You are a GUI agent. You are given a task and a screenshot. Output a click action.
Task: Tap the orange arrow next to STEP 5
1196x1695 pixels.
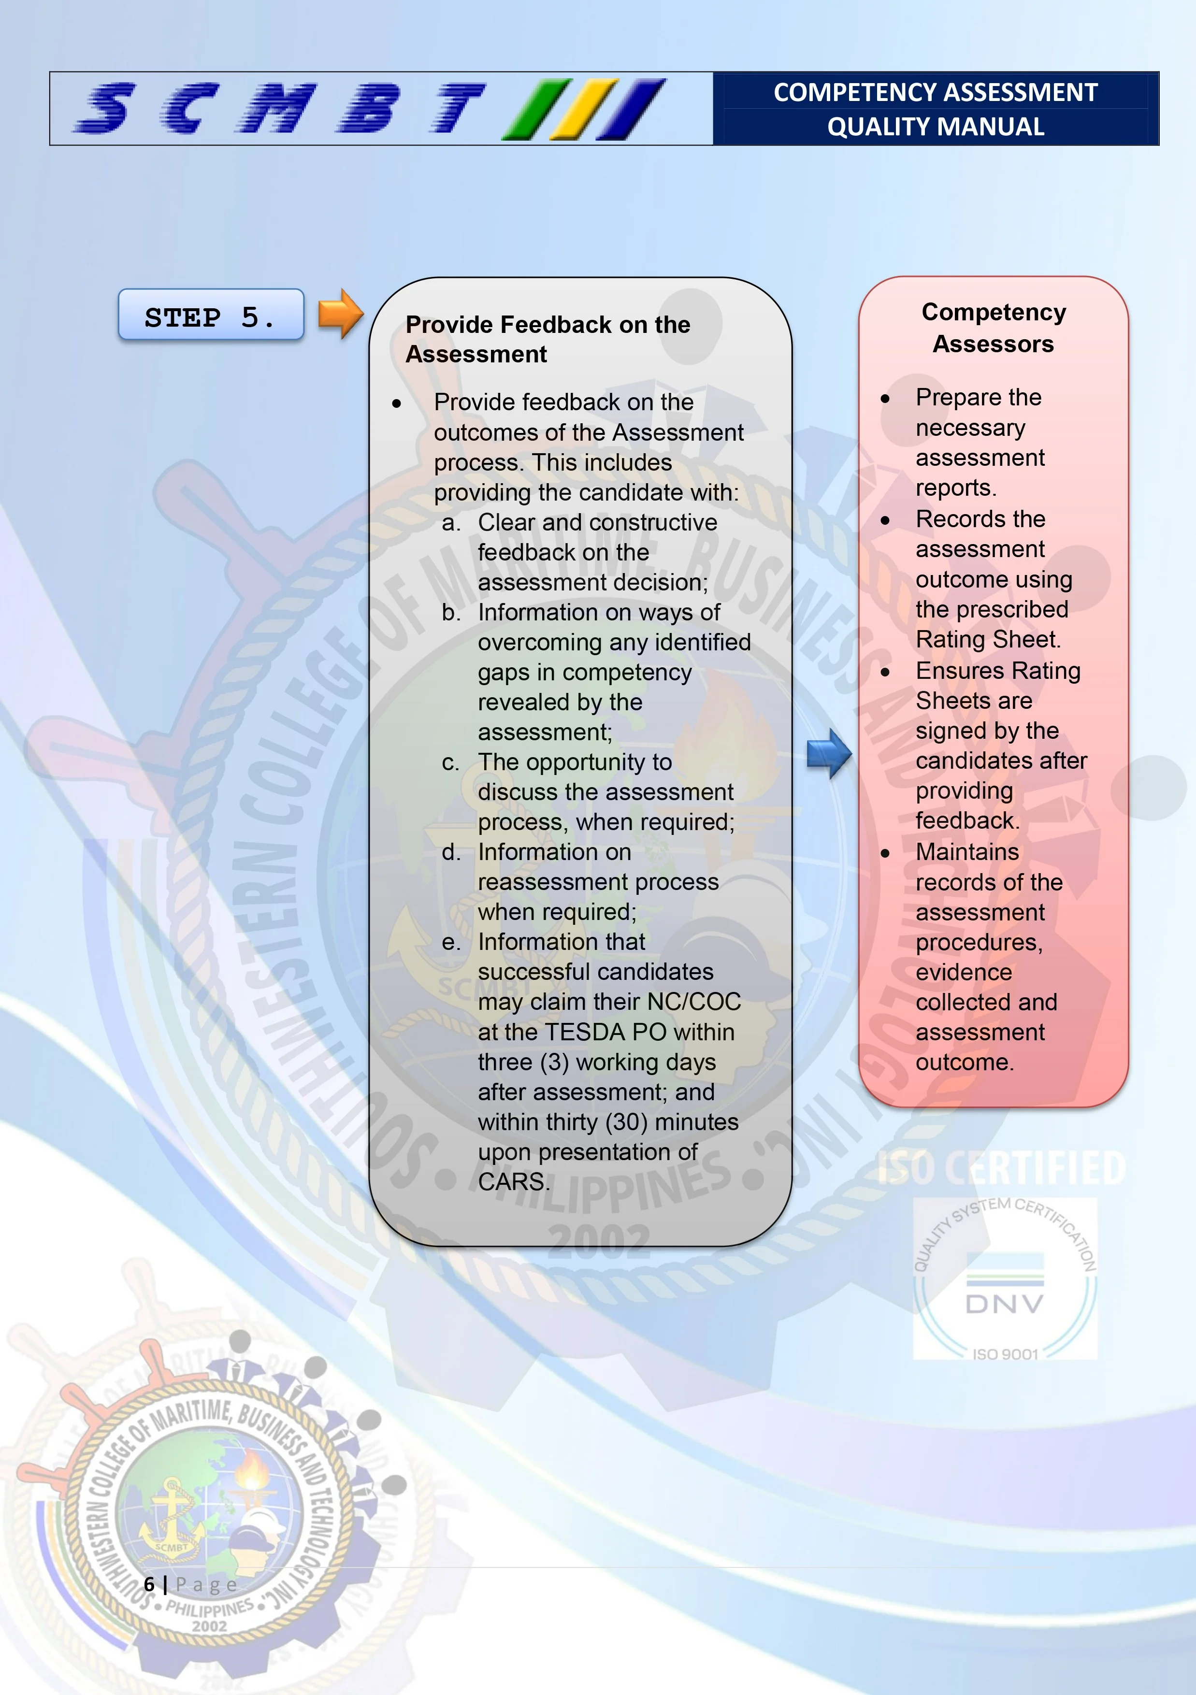point(340,314)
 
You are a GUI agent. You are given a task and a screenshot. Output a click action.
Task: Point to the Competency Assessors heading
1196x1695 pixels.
point(993,328)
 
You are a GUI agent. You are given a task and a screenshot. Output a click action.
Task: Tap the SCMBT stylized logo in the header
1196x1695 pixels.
point(369,109)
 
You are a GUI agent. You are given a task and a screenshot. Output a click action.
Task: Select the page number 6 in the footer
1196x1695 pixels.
point(149,1584)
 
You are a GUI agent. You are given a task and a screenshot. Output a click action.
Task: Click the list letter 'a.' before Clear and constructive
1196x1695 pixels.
point(451,523)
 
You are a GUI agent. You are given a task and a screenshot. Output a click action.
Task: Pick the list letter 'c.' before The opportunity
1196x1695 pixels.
point(450,762)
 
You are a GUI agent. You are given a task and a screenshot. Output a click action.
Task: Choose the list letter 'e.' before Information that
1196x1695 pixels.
point(450,943)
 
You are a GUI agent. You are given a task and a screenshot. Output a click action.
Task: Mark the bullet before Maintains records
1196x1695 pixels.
point(885,853)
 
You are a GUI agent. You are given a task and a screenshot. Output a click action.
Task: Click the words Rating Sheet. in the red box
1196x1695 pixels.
point(988,639)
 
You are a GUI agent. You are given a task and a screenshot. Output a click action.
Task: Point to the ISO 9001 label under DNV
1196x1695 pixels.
point(1005,1354)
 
